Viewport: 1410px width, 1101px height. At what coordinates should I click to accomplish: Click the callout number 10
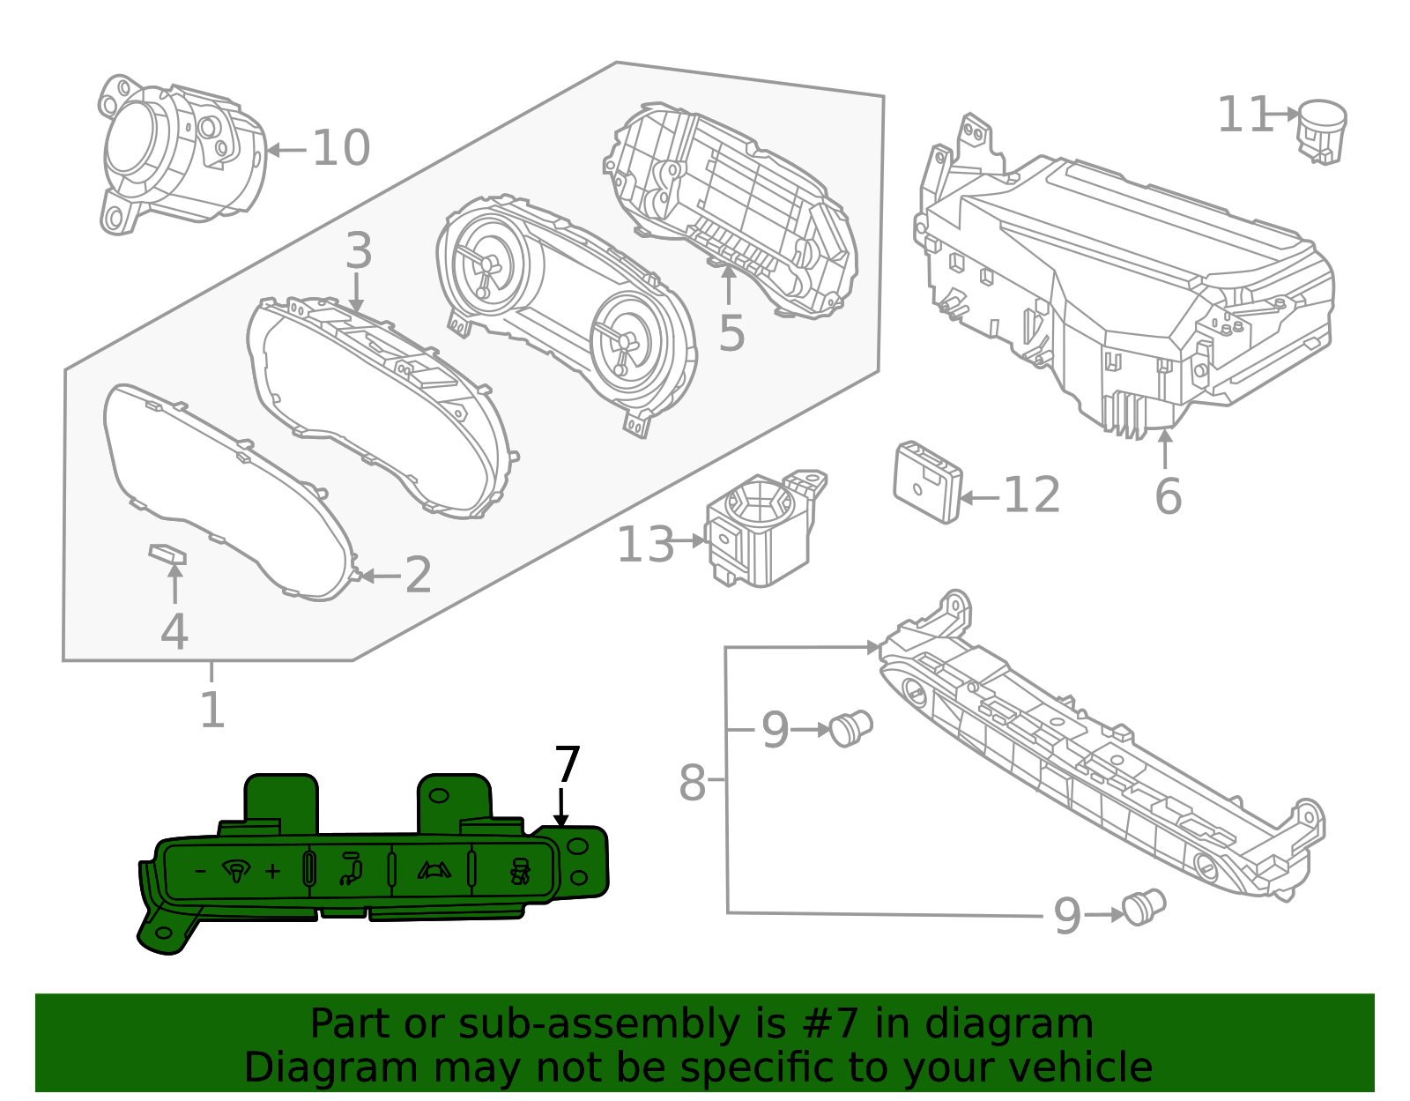pos(341,148)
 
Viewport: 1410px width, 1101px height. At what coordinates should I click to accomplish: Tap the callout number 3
pos(358,251)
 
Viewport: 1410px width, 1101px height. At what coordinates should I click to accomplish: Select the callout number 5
pos(731,333)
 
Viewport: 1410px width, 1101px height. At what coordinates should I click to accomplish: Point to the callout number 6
pos(1168,496)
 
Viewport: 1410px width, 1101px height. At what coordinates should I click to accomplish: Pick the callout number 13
pos(645,546)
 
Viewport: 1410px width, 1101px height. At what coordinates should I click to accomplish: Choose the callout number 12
pos(1031,495)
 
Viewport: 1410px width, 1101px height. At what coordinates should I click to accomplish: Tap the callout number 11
pos(1244,115)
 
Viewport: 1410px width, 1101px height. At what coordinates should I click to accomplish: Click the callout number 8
pos(692,783)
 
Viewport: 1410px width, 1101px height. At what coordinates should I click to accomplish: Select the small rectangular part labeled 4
pos(167,554)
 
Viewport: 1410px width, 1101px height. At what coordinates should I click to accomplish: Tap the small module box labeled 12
pos(926,482)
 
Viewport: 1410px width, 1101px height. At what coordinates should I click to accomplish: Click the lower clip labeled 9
pos(1144,906)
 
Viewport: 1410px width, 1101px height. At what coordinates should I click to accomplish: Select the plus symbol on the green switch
pos(273,872)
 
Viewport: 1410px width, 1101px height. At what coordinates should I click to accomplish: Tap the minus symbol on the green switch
pos(200,872)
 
